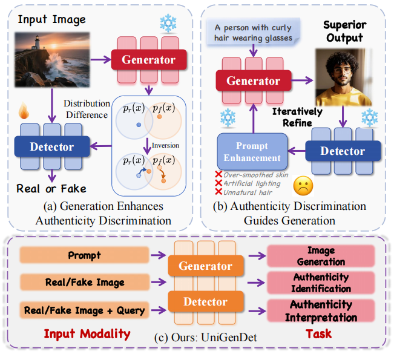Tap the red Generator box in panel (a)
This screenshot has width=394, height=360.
(x=148, y=60)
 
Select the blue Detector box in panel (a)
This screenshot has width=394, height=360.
(x=51, y=146)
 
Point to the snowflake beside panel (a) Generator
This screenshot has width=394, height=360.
(x=167, y=24)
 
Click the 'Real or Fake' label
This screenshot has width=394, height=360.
(x=51, y=189)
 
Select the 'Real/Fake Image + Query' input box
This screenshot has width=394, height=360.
(x=85, y=310)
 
